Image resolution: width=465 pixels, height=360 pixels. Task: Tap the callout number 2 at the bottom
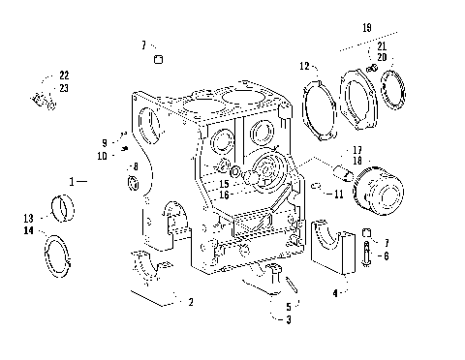(x=191, y=302)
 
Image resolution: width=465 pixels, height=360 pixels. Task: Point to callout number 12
(x=303, y=66)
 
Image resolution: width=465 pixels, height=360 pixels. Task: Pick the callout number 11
(x=338, y=195)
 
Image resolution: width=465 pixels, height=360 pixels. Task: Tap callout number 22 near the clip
(x=64, y=75)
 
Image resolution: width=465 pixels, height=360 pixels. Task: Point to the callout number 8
(x=136, y=166)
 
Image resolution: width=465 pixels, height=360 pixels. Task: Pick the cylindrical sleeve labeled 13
(x=67, y=207)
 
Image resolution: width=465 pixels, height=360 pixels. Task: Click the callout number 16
(x=223, y=195)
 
